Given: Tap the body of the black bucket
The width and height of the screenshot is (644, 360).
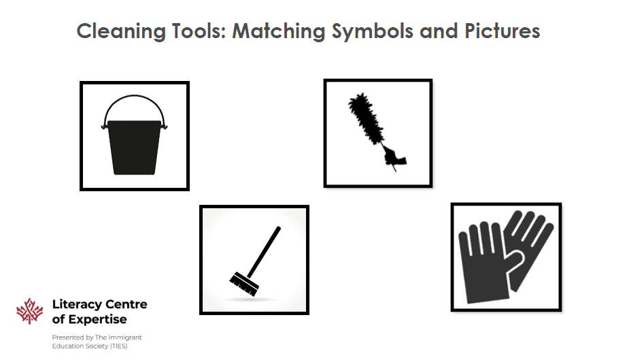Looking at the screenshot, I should (135, 146).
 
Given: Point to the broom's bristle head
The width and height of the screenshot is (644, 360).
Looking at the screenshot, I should (244, 284).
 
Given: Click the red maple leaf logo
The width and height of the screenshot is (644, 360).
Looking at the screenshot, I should (30, 311).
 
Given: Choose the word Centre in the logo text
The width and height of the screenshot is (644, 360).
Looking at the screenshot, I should (124, 305).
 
